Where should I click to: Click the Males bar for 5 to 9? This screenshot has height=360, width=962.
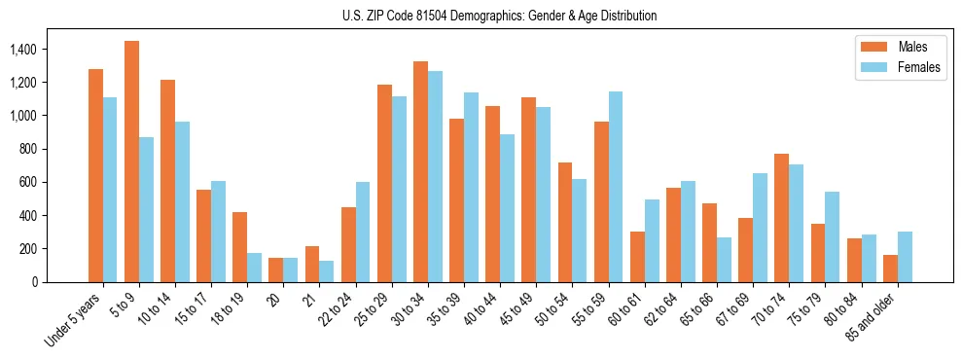(x=131, y=162)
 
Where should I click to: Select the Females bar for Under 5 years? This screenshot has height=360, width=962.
(x=110, y=190)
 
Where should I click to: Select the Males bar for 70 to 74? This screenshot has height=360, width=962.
(x=755, y=218)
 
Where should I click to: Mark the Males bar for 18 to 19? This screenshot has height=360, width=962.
(x=239, y=247)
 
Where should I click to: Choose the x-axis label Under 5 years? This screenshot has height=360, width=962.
(x=74, y=320)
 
